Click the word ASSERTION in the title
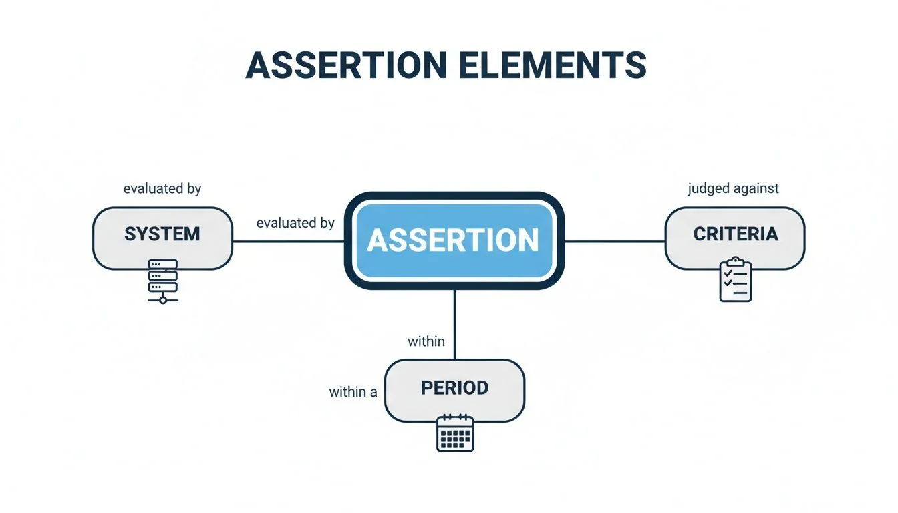(347, 65)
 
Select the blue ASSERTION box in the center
(454, 240)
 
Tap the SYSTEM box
(162, 238)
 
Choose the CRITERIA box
(735, 238)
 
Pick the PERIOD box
(454, 391)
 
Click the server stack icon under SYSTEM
(162, 277)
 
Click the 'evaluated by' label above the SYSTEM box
(162, 189)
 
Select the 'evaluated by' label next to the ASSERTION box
(295, 223)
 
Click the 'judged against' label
(733, 189)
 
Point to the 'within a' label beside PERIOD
(353, 392)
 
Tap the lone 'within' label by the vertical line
(426, 341)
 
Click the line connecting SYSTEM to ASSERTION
(287, 241)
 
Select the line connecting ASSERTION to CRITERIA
(615, 241)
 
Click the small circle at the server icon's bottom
(162, 300)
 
